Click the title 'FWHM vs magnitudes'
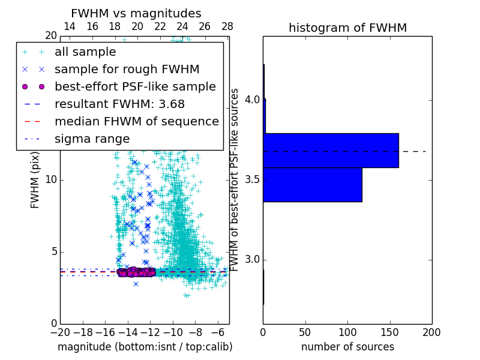pyautogui.click(x=136, y=13)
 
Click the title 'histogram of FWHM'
pyautogui.click(x=347, y=28)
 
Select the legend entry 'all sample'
pyautogui.click(x=85, y=52)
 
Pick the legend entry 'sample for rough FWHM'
pyautogui.click(x=127, y=70)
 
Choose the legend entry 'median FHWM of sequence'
pyautogui.click(x=136, y=122)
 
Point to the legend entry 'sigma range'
pyautogui.click(x=92, y=139)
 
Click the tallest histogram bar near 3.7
pyautogui.click(x=331, y=150)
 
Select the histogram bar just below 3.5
pyautogui.click(x=312, y=185)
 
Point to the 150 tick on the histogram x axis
pyautogui.click(x=389, y=332)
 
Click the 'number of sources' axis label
pyautogui.click(x=347, y=347)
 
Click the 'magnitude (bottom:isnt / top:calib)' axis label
pyautogui.click(x=145, y=347)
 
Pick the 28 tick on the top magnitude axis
pyautogui.click(x=227, y=26)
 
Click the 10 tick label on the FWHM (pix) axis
pyautogui.click(x=51, y=180)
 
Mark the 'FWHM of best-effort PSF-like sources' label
pyautogui.click(x=235, y=180)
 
